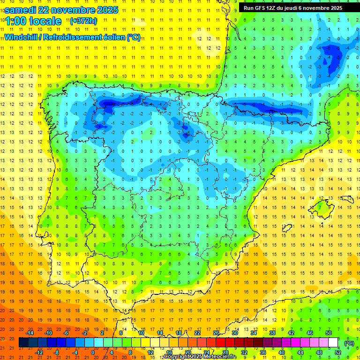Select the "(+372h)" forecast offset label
click(x=83, y=21)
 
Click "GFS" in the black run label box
click(x=262, y=8)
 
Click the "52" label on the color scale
click(x=338, y=352)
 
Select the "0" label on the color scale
click(x=92, y=352)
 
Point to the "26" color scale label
click(x=216, y=333)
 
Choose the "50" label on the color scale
click(x=329, y=333)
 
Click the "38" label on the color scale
click(x=272, y=333)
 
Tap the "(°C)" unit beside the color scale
click(x=349, y=343)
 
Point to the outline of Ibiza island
click(x=286, y=227)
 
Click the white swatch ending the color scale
click(x=333, y=343)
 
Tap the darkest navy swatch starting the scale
click(x=24, y=343)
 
